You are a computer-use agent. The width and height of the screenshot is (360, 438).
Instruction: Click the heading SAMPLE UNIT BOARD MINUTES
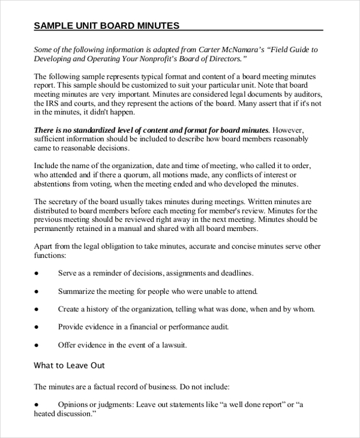coord(106,26)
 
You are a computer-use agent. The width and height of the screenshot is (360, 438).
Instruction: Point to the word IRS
coord(55,103)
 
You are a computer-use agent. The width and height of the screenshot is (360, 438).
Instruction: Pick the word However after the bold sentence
coord(290,130)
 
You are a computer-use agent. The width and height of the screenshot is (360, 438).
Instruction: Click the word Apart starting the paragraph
coord(44,246)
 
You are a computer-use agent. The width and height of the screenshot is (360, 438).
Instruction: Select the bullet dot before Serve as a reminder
coord(37,273)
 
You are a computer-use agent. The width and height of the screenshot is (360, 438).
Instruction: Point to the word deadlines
coord(234,273)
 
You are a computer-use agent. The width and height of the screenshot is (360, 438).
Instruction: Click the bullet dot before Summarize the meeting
coord(37,291)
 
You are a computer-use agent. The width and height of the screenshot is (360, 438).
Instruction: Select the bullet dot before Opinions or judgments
coord(37,404)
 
